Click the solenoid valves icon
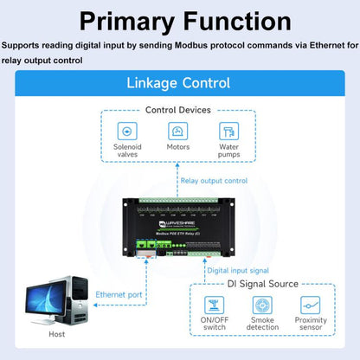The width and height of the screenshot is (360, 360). click(127, 132)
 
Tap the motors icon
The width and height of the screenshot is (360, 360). click(177, 132)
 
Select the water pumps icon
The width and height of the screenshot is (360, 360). click(228, 132)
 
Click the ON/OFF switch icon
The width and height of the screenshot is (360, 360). click(213, 305)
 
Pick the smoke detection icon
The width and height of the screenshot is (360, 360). click(263, 305)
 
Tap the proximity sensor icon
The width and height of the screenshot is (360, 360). click(312, 305)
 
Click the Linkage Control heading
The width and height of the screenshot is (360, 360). click(179, 83)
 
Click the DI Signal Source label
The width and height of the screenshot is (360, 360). click(262, 283)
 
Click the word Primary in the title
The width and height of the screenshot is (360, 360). click(112, 21)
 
